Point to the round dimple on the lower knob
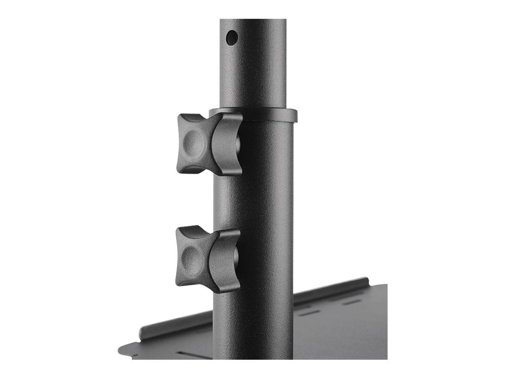(x=191, y=256)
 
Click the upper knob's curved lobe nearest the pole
(x=226, y=144)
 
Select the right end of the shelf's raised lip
(x=365, y=280)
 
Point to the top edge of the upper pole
(x=252, y=20)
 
